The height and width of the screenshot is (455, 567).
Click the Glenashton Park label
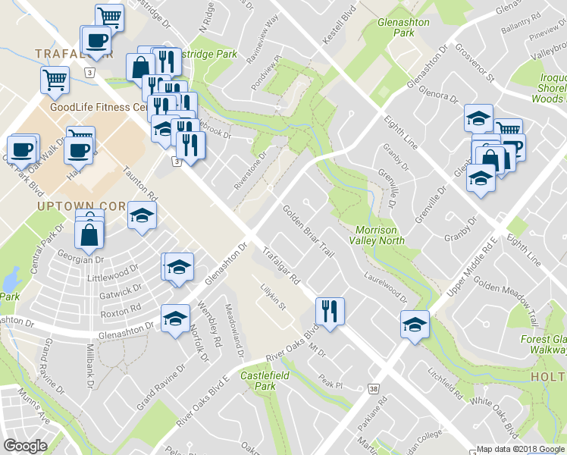tap(403, 28)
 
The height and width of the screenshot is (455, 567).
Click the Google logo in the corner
tap(26, 446)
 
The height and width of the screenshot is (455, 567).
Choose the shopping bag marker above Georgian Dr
tap(89, 234)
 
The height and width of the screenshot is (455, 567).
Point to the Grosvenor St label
tap(475, 64)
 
